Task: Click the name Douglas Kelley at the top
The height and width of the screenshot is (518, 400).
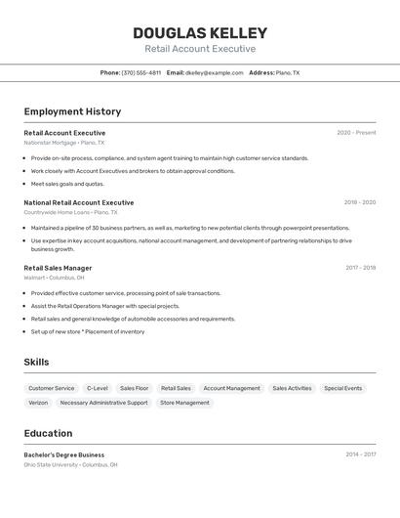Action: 200,33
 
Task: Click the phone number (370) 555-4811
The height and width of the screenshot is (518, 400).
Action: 141,72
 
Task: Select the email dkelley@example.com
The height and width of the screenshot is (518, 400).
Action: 215,72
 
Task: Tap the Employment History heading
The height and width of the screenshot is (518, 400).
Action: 72,111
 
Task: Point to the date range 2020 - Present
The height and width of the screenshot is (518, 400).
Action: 356,133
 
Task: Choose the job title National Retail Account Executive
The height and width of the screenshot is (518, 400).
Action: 79,202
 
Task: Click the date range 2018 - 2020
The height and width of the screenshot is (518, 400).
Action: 359,202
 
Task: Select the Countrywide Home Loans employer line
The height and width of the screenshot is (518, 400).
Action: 70,212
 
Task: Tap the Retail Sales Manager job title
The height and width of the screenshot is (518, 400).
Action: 58,268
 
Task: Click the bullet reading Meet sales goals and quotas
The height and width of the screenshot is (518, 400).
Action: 67,184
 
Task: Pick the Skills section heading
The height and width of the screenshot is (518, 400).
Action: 37,363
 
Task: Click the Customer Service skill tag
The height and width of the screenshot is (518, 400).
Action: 52,388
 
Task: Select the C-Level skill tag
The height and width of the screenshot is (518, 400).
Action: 98,388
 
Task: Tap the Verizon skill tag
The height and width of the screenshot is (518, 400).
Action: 38,403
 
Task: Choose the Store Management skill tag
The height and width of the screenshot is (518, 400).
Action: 184,403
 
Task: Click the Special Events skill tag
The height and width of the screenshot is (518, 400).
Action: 342,388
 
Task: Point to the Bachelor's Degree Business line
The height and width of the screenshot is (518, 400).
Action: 64,454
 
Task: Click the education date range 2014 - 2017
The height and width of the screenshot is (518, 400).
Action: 360,454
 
